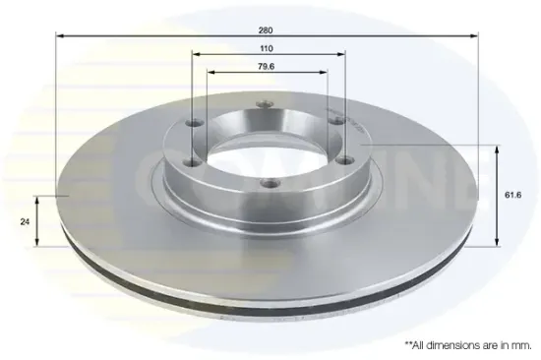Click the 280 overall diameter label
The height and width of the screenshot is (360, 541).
pyautogui.click(x=266, y=30)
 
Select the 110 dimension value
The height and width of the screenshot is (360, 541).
pyautogui.click(x=267, y=48)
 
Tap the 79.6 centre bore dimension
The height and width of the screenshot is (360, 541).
pyautogui.click(x=266, y=67)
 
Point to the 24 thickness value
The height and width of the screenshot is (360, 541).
pyautogui.click(x=25, y=222)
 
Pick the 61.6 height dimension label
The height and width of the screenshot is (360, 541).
pyautogui.click(x=513, y=195)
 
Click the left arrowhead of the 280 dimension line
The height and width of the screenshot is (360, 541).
pyautogui.click(x=60, y=35)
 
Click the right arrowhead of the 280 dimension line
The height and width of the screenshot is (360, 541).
pyautogui.click(x=474, y=35)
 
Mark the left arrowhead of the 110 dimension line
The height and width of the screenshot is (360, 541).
pyautogui.click(x=197, y=54)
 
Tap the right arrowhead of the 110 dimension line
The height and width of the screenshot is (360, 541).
pyautogui.click(x=341, y=54)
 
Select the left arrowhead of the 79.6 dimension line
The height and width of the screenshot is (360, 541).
pyautogui.click(x=210, y=72)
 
